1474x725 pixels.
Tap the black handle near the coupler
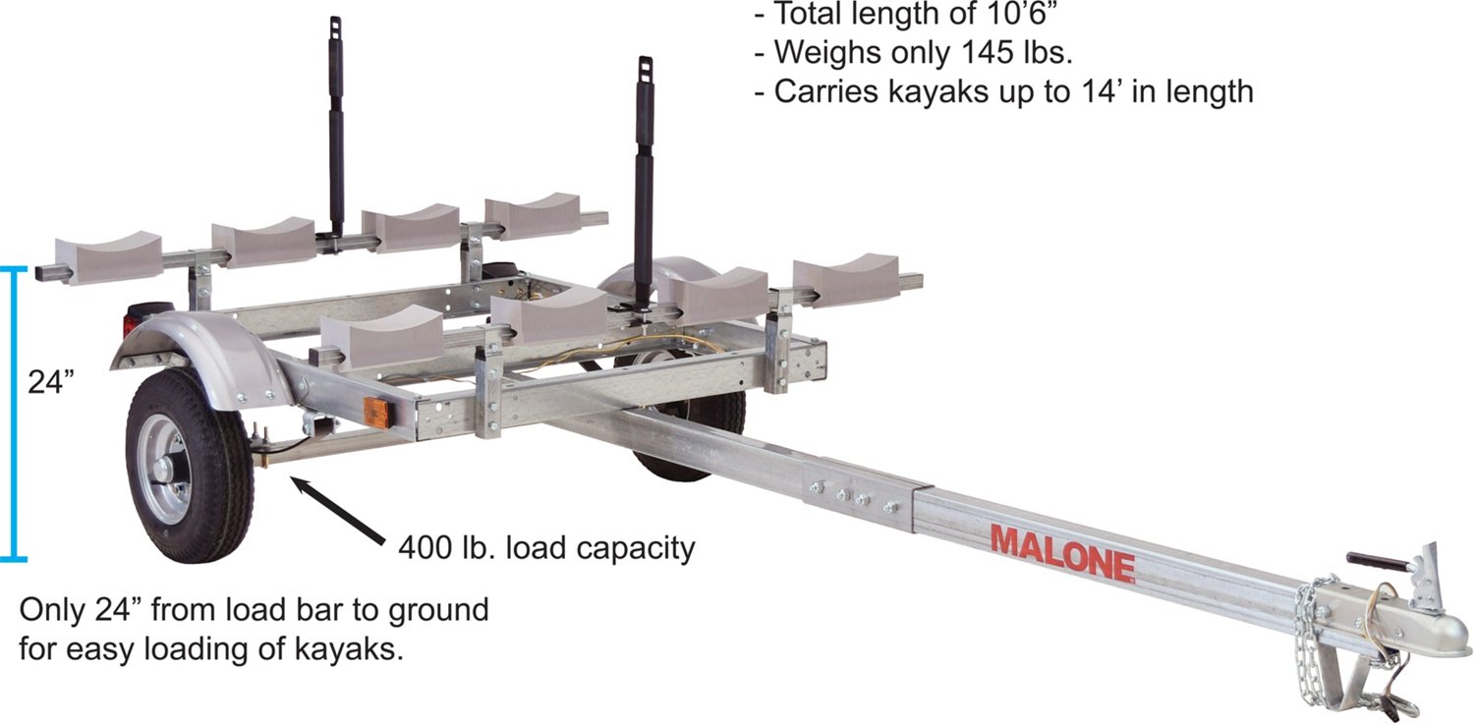(1379, 563)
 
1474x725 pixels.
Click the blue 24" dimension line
(13, 415)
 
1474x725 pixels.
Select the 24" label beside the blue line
(51, 381)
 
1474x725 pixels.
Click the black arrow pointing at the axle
(338, 511)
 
